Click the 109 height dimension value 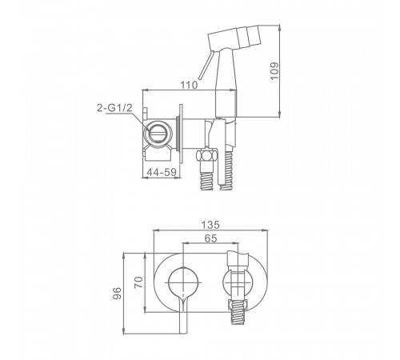tap(274, 70)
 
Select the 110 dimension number tap(189, 86)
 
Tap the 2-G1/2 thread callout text tap(114, 108)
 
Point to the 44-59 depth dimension tap(162, 172)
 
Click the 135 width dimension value tap(210, 225)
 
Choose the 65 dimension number tap(210, 238)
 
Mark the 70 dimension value tap(138, 282)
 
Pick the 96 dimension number tap(117, 294)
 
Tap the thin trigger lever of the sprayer tap(206, 64)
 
